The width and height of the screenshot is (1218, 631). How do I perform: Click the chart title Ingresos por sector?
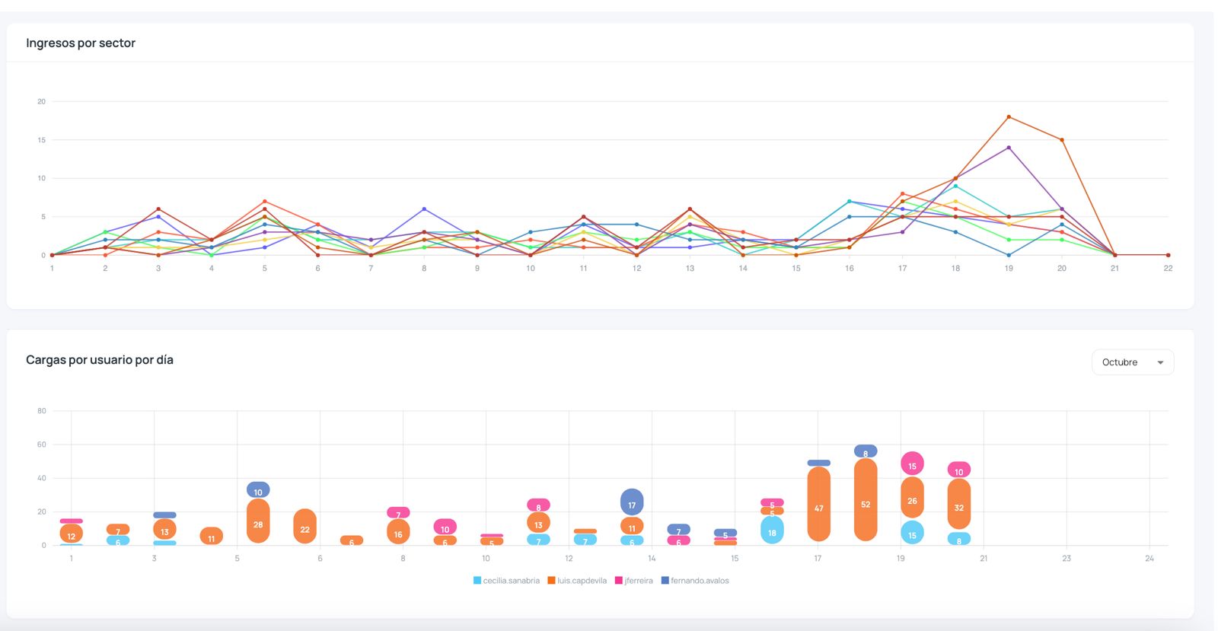click(x=81, y=43)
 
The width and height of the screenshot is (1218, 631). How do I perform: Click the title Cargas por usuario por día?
click(x=100, y=360)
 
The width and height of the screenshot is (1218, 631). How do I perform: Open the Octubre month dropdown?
click(x=1132, y=362)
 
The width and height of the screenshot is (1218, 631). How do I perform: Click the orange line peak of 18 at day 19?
click(x=1009, y=117)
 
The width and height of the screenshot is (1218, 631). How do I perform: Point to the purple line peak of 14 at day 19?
click(x=1009, y=148)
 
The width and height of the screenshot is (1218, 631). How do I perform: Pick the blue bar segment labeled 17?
click(x=632, y=502)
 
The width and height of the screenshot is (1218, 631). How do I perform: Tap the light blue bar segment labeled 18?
click(x=772, y=531)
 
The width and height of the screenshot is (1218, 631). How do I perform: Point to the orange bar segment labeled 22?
click(x=304, y=526)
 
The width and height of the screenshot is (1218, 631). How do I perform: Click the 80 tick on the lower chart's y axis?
click(x=42, y=411)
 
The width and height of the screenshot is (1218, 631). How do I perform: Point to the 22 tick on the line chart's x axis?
click(x=1168, y=269)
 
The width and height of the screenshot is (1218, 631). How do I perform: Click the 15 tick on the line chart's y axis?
click(x=42, y=140)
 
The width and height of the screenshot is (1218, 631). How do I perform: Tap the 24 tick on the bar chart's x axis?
click(x=1149, y=559)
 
